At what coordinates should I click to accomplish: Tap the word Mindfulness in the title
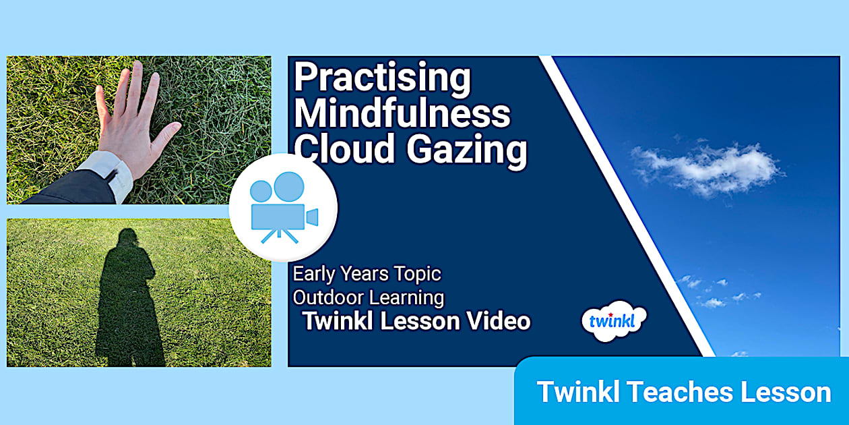[402, 113]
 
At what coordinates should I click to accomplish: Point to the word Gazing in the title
[467, 151]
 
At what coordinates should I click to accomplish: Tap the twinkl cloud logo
[614, 321]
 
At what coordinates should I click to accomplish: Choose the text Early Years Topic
[367, 274]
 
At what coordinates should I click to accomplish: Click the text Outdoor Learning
[369, 297]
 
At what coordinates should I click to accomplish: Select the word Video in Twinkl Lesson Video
[498, 321]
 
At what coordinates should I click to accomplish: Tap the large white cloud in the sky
[707, 169]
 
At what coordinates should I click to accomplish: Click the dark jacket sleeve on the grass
[72, 188]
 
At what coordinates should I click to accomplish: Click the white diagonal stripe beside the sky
[627, 206]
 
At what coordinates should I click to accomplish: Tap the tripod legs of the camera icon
[279, 236]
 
